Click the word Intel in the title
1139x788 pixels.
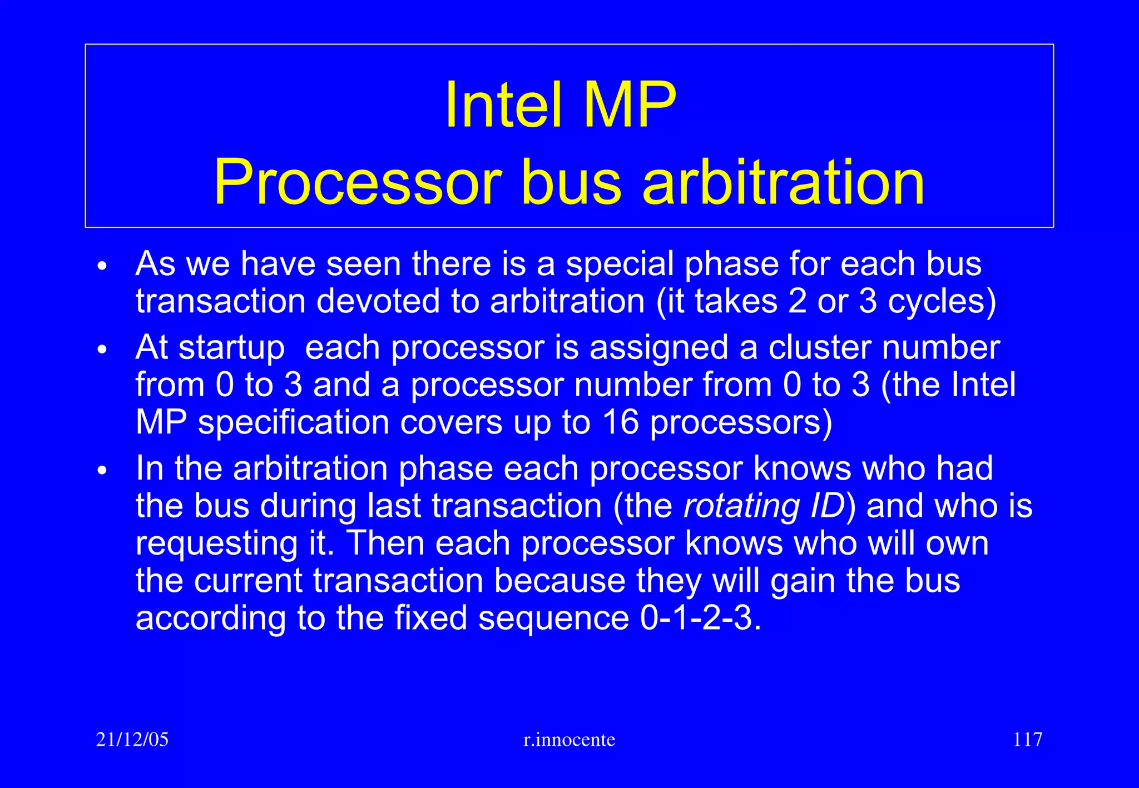(503, 106)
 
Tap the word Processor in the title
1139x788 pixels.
(357, 182)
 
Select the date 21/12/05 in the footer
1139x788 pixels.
(132, 740)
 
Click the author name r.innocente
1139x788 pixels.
(569, 740)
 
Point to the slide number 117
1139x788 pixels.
(1027, 740)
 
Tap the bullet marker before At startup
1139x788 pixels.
(101, 350)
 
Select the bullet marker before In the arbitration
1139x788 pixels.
(101, 471)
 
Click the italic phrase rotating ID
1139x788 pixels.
(764, 506)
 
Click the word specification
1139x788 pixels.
(294, 423)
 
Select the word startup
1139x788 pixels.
(231, 349)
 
